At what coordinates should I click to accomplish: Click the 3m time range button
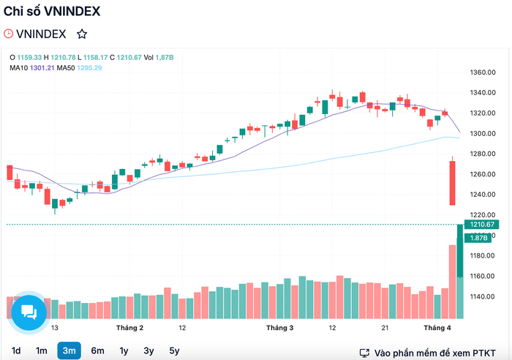click(x=69, y=350)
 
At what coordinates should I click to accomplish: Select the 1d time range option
click(x=16, y=350)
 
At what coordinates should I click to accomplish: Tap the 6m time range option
click(x=97, y=350)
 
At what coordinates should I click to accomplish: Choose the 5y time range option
click(x=174, y=350)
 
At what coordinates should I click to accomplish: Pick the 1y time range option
click(x=124, y=350)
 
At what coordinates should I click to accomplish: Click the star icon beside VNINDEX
click(x=82, y=34)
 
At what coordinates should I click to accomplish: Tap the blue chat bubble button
click(x=29, y=312)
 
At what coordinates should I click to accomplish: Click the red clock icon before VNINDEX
click(x=8, y=34)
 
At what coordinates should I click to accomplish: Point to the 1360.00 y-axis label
click(x=483, y=72)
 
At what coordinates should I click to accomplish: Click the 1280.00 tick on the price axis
click(x=483, y=154)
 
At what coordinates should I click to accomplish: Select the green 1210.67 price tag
click(x=481, y=225)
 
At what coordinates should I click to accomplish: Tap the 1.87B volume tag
click(x=478, y=238)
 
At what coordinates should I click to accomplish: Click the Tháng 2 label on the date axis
click(x=129, y=328)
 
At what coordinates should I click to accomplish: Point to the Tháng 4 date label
click(x=437, y=328)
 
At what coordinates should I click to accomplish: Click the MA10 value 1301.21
click(x=42, y=68)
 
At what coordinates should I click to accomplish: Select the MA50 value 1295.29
click(x=89, y=68)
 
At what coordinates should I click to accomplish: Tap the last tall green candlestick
click(x=460, y=251)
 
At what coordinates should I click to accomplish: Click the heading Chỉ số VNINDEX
click(x=52, y=12)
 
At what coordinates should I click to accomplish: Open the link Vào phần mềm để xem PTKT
click(x=428, y=353)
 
